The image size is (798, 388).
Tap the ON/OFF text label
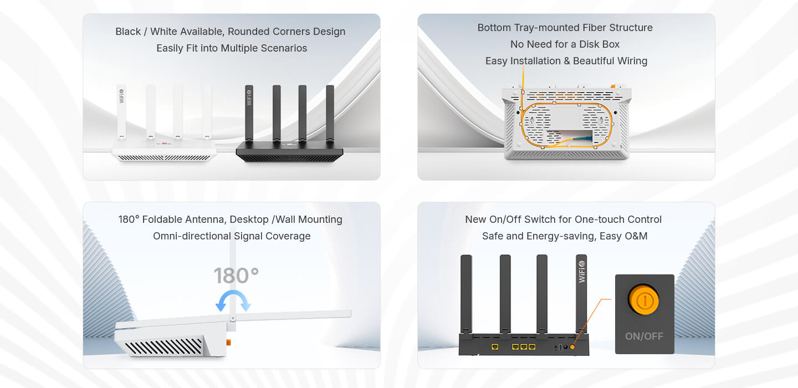pos(644,336)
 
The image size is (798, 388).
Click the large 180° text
pos(236,275)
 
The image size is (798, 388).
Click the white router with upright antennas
pos(164,150)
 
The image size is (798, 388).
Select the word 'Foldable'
pos(164,219)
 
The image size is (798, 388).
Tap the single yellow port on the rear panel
pos(495,346)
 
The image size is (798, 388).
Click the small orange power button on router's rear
pos(572,346)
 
